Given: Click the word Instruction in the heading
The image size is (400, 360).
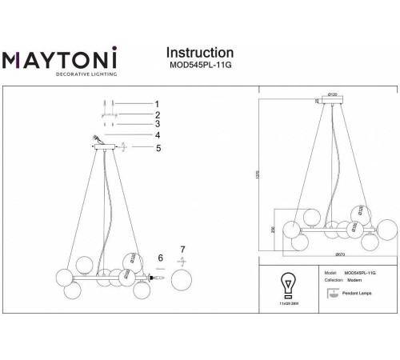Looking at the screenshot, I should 199,53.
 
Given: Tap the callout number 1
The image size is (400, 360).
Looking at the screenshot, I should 158,103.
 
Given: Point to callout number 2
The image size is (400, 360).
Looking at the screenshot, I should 158,114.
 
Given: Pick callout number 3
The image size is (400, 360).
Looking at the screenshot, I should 158,124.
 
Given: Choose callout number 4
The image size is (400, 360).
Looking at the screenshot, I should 158,135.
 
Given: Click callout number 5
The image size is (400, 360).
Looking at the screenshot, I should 158,147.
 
